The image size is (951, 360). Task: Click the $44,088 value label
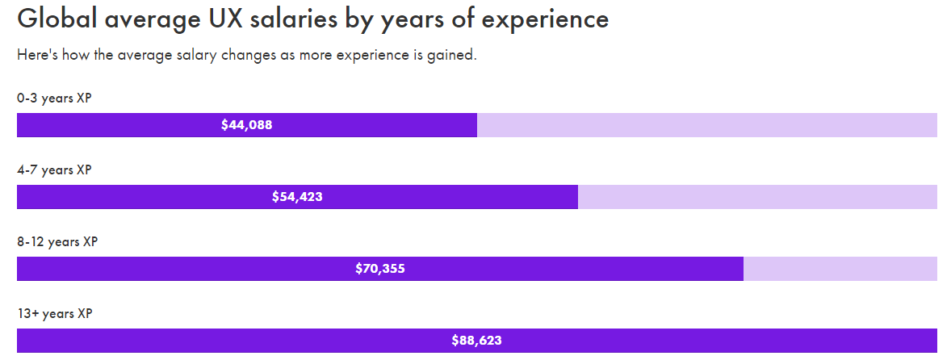click(246, 125)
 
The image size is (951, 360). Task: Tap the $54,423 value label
click(297, 197)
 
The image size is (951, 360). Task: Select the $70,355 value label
click(379, 269)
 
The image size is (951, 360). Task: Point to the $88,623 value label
click(476, 341)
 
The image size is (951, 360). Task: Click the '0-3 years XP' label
click(54, 98)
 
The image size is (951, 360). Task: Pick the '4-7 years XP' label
click(54, 170)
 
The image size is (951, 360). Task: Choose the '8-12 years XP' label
click(57, 242)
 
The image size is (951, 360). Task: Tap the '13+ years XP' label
click(55, 313)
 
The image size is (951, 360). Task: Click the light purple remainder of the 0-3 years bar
click(706, 125)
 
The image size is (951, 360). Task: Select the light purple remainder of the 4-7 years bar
click(757, 197)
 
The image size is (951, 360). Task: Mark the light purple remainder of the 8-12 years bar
click(840, 269)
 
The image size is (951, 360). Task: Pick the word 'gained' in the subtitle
click(452, 57)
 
